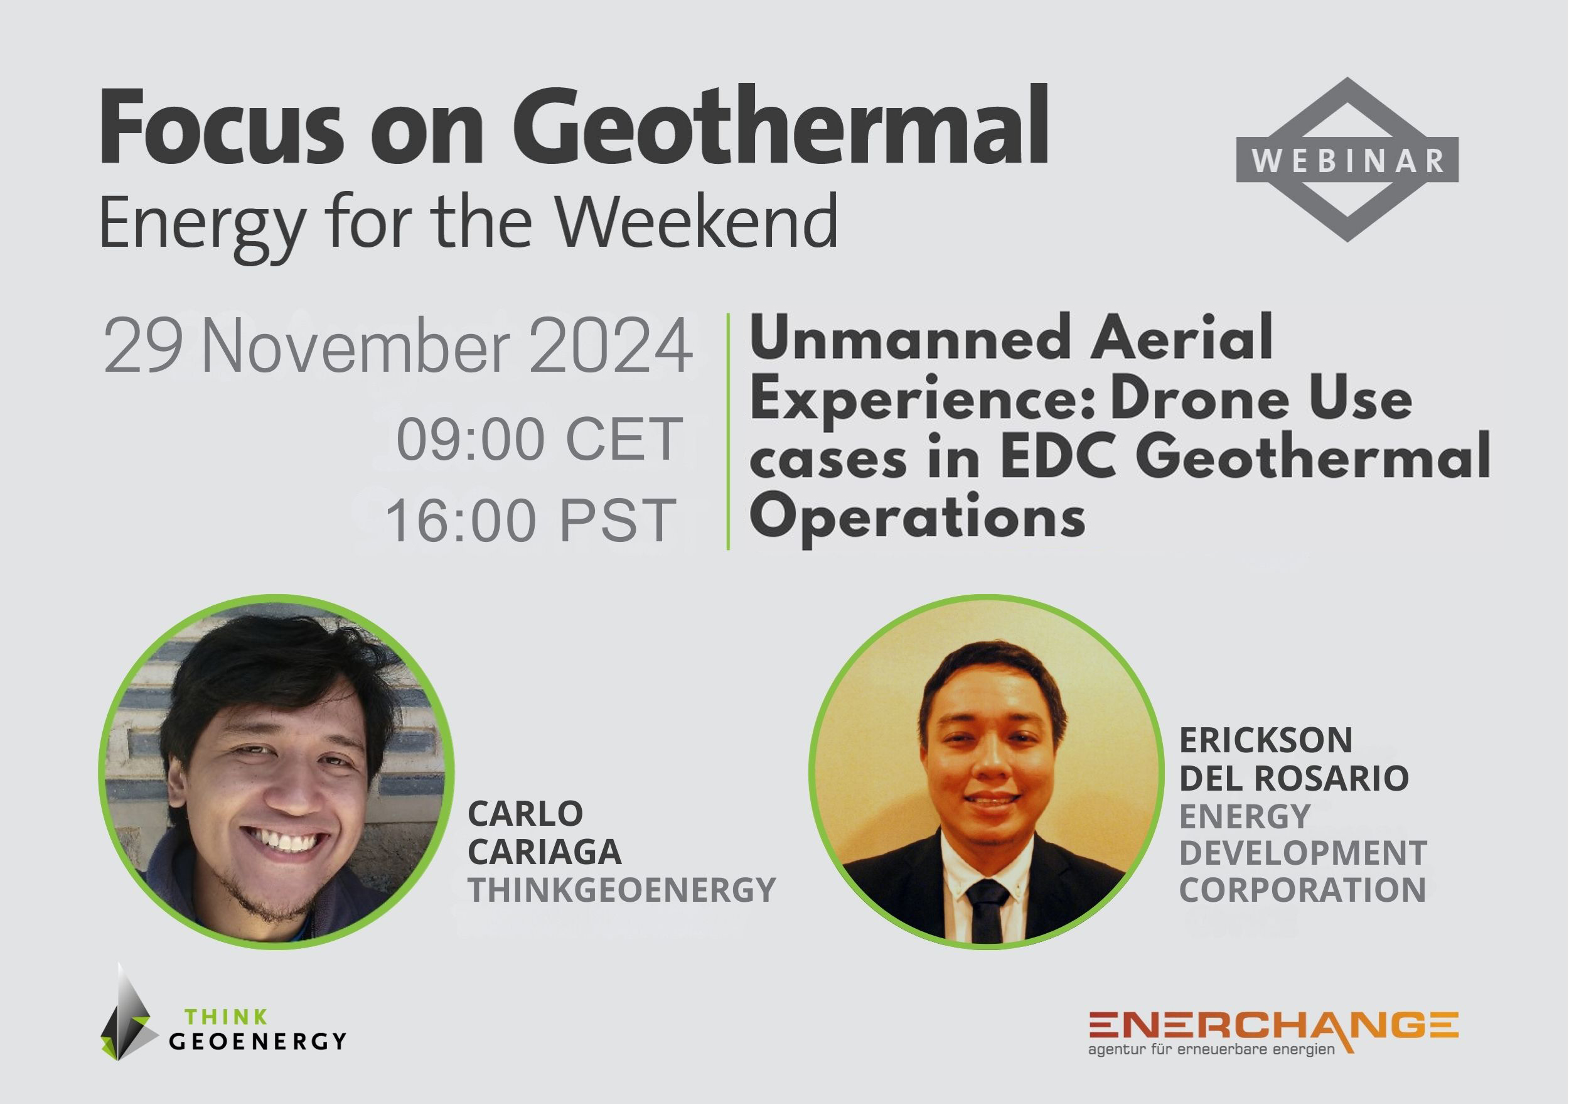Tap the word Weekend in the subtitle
pos(695,221)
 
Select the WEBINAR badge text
pos(1347,161)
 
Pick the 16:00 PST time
pos(532,521)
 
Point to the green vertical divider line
pos(729,431)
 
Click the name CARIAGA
pos(544,852)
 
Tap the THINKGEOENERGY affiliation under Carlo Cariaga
pos(621,889)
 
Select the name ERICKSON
pos(1266,740)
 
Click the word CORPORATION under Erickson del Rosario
pos(1302,889)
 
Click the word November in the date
pos(355,347)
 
